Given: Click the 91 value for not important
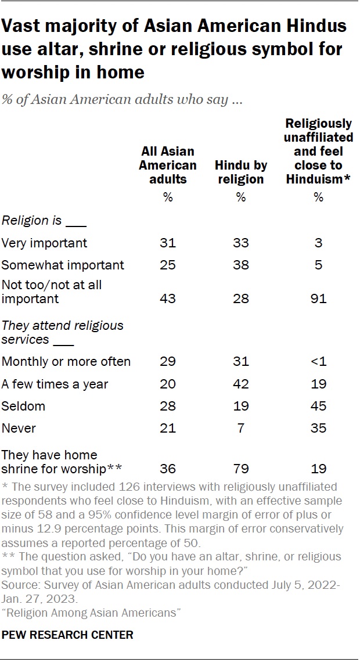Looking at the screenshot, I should coord(318,299).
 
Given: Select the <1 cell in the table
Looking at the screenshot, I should coord(318,361).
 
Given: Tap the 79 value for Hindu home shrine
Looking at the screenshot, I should coord(241,469).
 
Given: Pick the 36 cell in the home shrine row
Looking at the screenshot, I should coord(168,469).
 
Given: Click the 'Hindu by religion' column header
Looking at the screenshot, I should coord(241,172).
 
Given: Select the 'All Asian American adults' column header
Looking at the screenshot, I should coord(168,165).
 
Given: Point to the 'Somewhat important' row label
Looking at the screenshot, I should coord(63,265).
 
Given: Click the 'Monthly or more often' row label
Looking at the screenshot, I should coord(66,361).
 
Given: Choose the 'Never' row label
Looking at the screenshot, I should coord(19,429).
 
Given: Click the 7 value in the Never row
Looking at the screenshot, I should coord(241,429).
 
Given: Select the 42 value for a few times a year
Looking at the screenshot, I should coord(241,384).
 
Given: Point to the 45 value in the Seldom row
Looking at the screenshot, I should coord(318,406).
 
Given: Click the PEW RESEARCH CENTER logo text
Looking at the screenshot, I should coord(67,635).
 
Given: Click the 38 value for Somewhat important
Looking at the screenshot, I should coord(241,265).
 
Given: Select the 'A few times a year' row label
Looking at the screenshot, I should coord(55,384).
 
